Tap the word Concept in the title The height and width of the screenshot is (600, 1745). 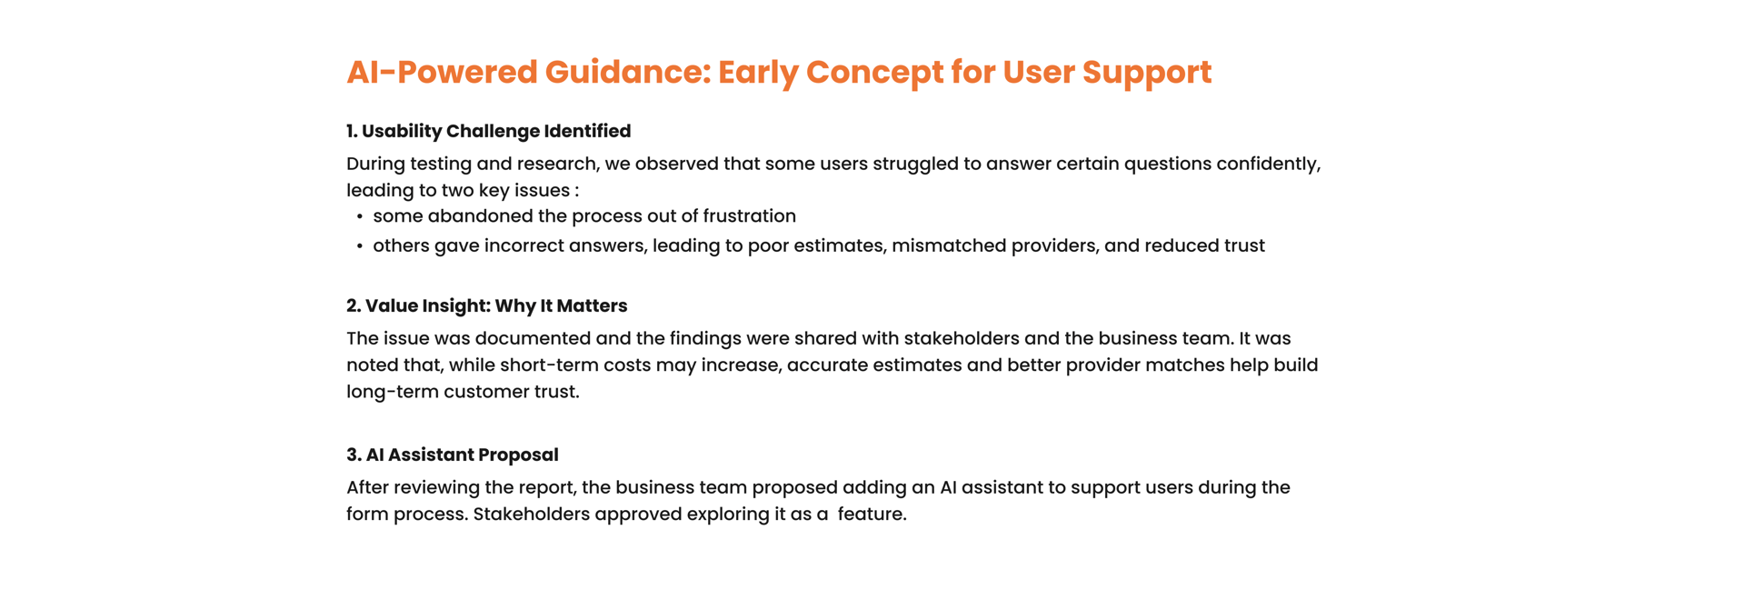(874, 73)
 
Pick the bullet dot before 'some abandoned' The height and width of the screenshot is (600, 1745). (360, 216)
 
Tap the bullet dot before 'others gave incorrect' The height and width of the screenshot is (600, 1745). (360, 246)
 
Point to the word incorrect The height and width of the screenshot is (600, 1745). (524, 245)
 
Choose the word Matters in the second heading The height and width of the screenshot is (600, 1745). (592, 306)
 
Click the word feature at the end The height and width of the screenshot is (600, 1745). (872, 514)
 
